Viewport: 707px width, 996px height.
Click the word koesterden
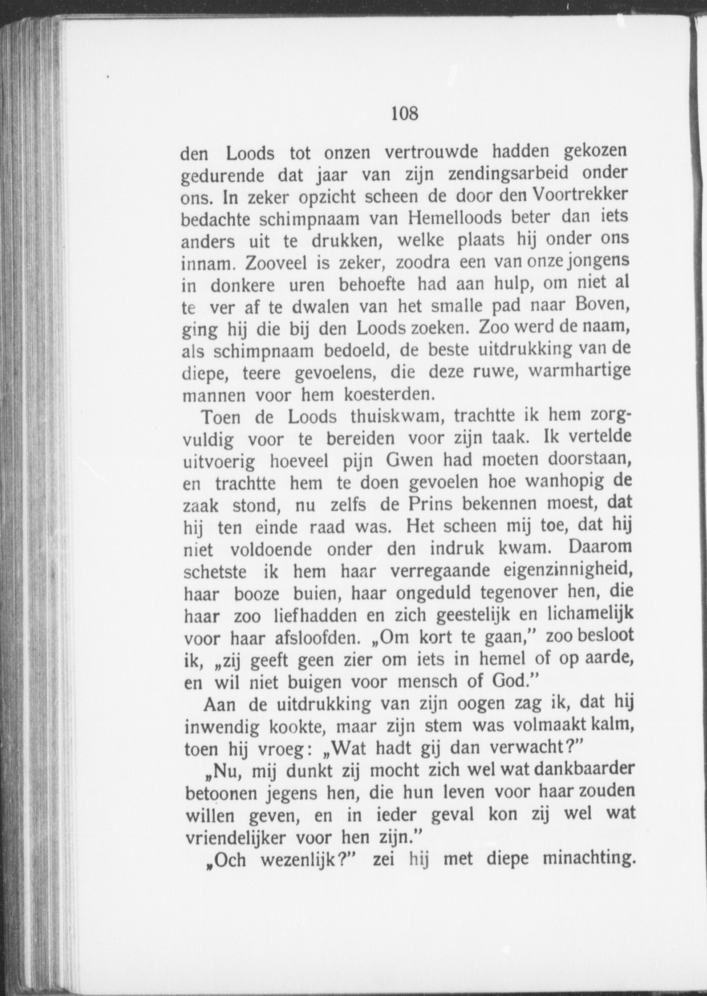[x=387, y=395]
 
